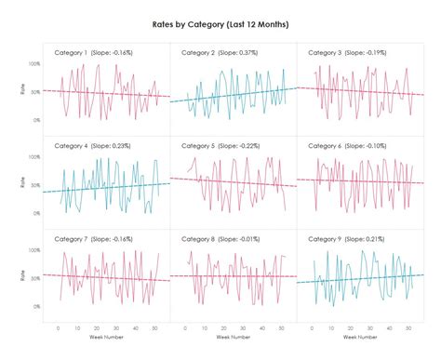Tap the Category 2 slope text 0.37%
pyautogui.click(x=249, y=53)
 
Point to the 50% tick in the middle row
pyautogui.click(x=33, y=185)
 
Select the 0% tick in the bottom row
pyautogui.click(x=35, y=306)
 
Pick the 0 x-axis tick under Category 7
pyautogui.click(x=58, y=327)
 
